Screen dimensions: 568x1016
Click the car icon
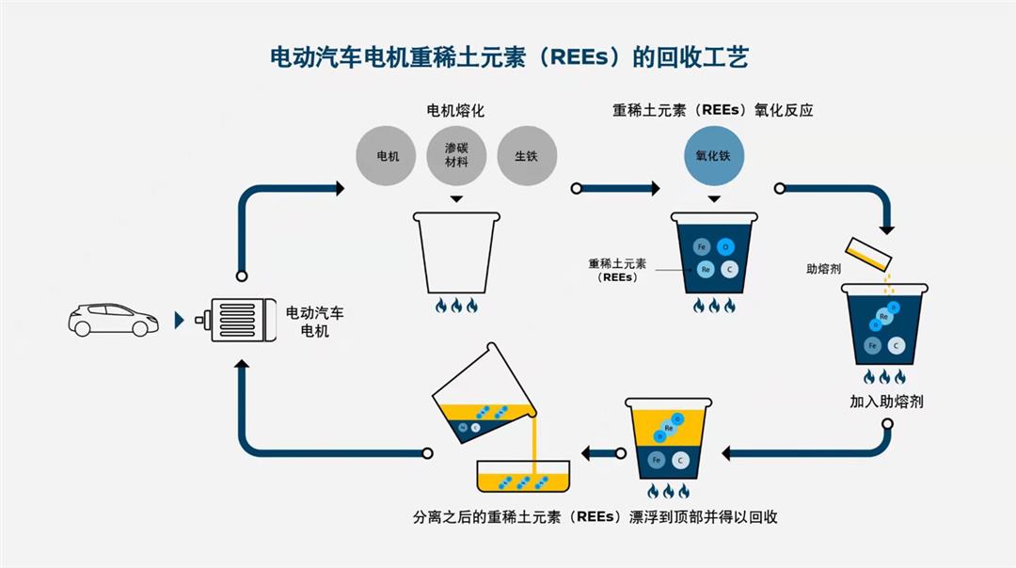[x=113, y=320]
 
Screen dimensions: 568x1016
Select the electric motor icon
[x=231, y=320]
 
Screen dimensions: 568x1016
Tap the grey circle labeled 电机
[x=388, y=156]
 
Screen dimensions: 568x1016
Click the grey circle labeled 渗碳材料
[x=456, y=156]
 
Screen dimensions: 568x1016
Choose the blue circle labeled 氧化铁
[x=713, y=156]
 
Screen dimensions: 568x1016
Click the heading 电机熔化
[x=455, y=110]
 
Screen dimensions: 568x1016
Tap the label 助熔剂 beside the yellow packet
[x=823, y=269]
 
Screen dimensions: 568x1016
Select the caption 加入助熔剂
[x=886, y=402]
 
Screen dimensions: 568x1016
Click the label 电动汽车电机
[x=314, y=322]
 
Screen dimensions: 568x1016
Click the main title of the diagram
[x=508, y=58]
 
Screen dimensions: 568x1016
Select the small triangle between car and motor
[x=180, y=321]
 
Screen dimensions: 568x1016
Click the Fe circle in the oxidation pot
[x=701, y=247]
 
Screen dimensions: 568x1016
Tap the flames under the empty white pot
[x=455, y=306]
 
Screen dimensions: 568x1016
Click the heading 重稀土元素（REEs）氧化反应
[x=712, y=110]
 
